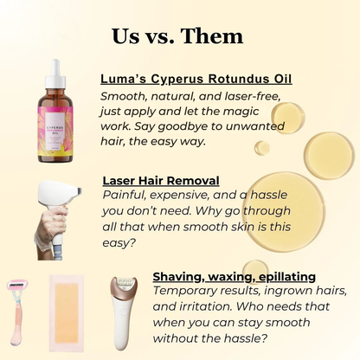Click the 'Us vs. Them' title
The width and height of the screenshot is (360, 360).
[x=177, y=35]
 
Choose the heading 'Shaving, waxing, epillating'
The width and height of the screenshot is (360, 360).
[x=234, y=276]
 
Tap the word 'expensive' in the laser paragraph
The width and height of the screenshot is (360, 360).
[x=191, y=196]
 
